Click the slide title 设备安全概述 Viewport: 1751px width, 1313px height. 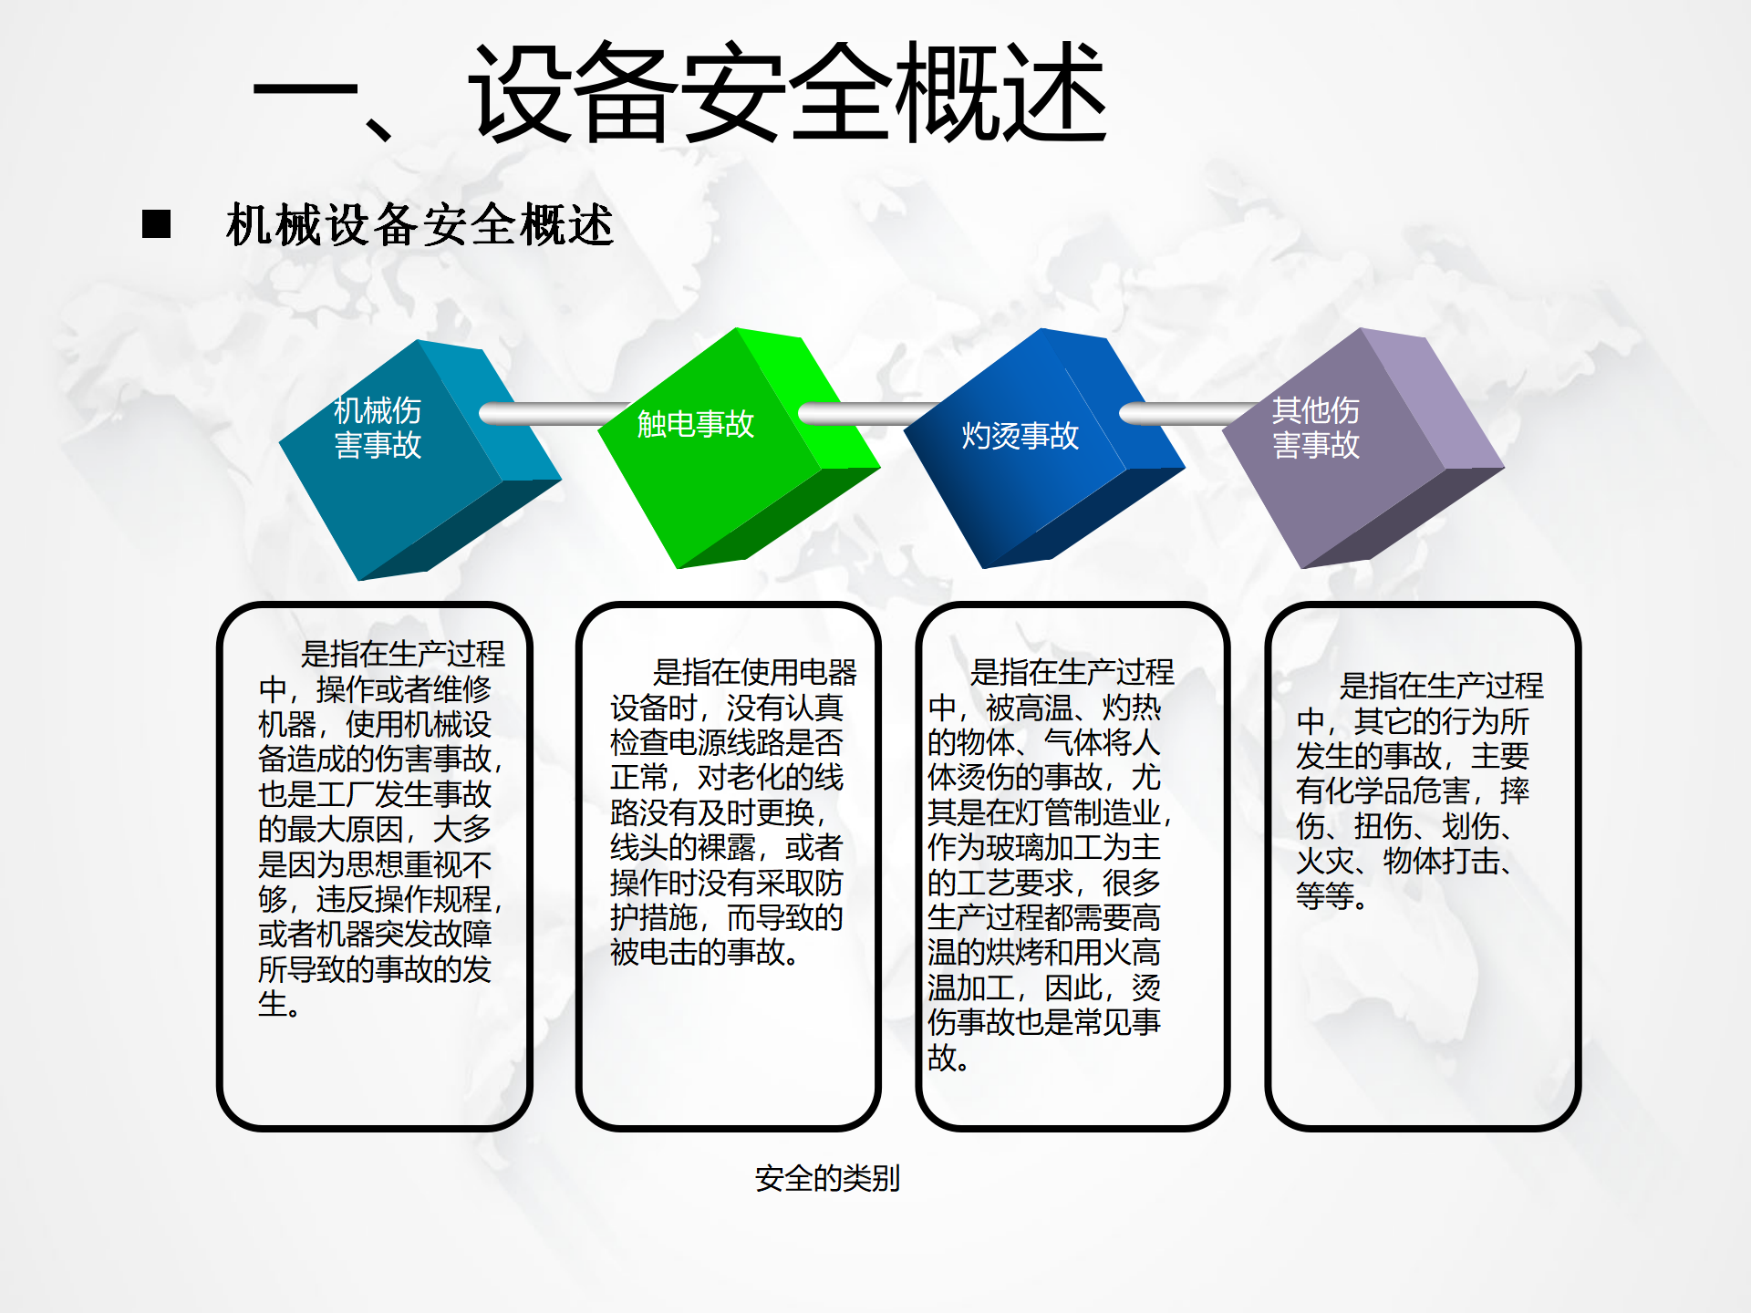click(x=789, y=93)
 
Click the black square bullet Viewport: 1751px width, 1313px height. click(x=156, y=223)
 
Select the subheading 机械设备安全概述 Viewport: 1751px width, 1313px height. click(x=420, y=224)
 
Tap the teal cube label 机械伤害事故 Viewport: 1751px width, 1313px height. click(x=378, y=428)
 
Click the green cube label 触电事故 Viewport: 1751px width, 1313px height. click(x=696, y=423)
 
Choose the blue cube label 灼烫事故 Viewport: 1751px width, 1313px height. click(x=1021, y=436)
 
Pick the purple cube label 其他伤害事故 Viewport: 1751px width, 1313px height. click(x=1316, y=428)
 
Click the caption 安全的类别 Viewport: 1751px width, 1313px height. click(x=827, y=1178)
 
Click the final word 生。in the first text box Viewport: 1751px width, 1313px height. click(x=279, y=1003)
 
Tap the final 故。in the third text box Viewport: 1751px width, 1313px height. click(x=948, y=1057)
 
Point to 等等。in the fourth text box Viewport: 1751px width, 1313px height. click(x=1331, y=895)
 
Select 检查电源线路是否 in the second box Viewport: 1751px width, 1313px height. click(x=727, y=742)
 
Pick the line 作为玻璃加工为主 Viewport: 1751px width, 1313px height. click(x=1044, y=847)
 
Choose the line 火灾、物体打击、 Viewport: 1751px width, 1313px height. click(x=1405, y=861)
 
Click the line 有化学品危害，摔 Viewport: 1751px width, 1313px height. click(x=1413, y=791)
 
